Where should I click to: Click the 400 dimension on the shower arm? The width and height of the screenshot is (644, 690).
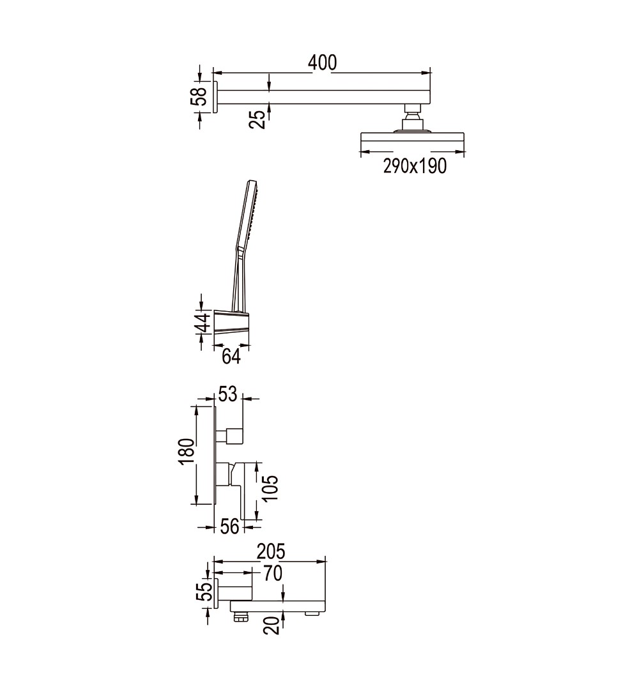point(322,63)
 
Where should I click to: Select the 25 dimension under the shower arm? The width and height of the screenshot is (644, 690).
point(258,119)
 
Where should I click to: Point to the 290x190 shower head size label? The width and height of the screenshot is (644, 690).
point(415,166)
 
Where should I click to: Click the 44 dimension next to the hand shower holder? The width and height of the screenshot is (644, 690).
point(203,323)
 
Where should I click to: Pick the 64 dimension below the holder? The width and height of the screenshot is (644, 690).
point(231,356)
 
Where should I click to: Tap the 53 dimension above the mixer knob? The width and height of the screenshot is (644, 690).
point(227,394)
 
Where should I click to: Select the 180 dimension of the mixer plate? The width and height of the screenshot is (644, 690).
point(187,451)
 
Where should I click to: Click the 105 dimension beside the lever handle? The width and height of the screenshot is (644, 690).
point(270,488)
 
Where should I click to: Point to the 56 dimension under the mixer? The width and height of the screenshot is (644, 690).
point(229,526)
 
